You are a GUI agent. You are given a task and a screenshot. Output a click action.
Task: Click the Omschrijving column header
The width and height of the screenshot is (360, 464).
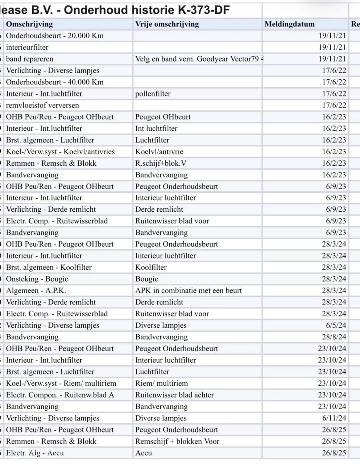pyautogui.click(x=29, y=24)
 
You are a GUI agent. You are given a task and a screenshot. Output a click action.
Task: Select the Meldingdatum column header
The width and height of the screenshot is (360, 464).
pyautogui.click(x=289, y=24)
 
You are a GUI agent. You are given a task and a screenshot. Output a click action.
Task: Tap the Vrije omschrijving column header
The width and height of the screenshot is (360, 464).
pyautogui.click(x=167, y=24)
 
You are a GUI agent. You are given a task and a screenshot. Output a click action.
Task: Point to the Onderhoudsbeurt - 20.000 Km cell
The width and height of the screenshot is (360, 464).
pyautogui.click(x=55, y=36)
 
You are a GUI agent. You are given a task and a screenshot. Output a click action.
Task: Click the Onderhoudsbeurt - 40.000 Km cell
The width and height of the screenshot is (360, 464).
pyautogui.click(x=55, y=82)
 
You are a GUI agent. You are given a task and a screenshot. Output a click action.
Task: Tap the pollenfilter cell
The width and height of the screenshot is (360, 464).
pyautogui.click(x=153, y=94)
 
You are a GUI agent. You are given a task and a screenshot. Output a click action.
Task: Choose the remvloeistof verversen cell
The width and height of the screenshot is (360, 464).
pyautogui.click(x=42, y=105)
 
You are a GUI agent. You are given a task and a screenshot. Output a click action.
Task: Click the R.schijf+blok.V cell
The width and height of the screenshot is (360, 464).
pyautogui.click(x=161, y=163)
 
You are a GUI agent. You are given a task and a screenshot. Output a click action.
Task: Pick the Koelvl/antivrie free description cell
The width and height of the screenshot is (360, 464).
pyautogui.click(x=159, y=152)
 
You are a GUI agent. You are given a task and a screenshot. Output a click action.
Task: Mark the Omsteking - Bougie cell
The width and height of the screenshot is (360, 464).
pyautogui.click(x=37, y=279)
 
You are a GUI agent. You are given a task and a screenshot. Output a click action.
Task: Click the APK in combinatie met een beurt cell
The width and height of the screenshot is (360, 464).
pyautogui.click(x=189, y=290)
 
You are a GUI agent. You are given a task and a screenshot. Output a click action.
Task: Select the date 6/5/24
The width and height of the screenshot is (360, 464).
pyautogui.click(x=336, y=325)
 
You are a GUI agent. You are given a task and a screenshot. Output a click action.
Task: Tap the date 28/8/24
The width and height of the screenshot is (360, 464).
pyautogui.click(x=334, y=337)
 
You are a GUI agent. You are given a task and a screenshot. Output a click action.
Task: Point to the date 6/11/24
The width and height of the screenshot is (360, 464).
pyautogui.click(x=334, y=418)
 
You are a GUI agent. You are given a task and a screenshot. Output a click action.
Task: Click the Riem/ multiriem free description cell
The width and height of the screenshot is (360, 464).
pyautogui.click(x=161, y=383)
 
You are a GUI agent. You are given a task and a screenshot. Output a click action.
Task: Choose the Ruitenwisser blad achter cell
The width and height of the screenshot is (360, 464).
pyautogui.click(x=174, y=395)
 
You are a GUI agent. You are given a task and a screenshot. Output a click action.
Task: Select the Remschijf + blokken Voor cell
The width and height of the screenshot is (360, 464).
pyautogui.click(x=177, y=441)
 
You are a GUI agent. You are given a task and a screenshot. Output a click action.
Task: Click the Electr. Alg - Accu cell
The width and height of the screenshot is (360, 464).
pyautogui.click(x=35, y=453)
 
